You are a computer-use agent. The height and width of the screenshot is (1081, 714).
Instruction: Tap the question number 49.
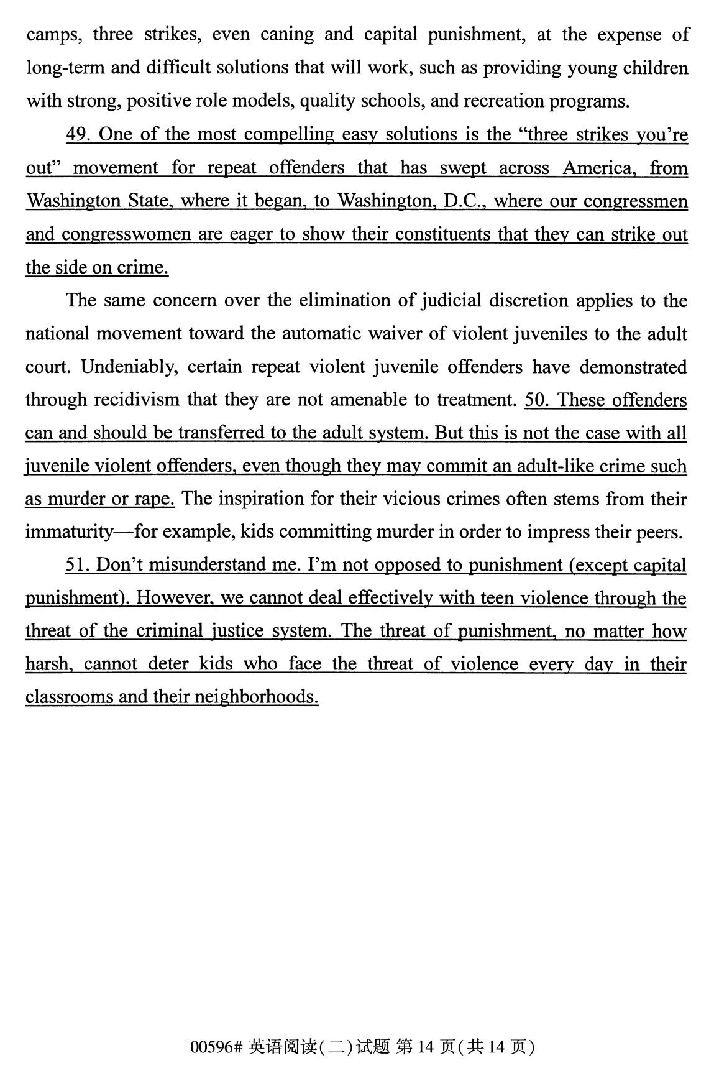click(x=79, y=134)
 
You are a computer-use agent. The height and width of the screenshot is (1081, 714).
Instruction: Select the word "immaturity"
click(x=69, y=532)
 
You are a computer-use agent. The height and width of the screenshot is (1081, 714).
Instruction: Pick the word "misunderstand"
click(x=208, y=565)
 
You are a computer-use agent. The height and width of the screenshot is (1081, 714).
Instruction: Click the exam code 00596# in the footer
click(x=216, y=1048)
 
